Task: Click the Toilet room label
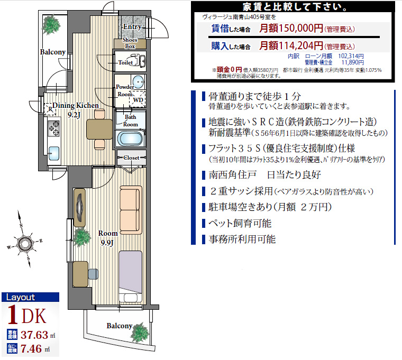pyautogui.click(x=125, y=62)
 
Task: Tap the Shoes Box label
pyautogui.click(x=130, y=43)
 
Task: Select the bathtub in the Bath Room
pyautogui.click(x=130, y=139)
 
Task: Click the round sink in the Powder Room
pyautogui.click(x=139, y=82)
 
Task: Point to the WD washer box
pyautogui.click(x=138, y=99)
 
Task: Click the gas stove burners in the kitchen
pyautogui.click(x=54, y=128)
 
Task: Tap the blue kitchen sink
pyautogui.click(x=53, y=153)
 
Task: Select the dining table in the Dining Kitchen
pyautogui.click(x=99, y=129)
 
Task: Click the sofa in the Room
pyautogui.click(x=131, y=210)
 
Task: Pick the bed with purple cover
pyautogui.click(x=130, y=276)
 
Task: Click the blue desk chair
pyautogui.click(x=93, y=274)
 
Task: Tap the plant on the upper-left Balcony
pyautogui.click(x=51, y=25)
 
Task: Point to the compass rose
pyautogui.click(x=25, y=243)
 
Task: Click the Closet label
pyautogui.click(x=131, y=158)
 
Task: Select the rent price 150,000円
pyautogui.click(x=291, y=28)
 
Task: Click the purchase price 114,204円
pyautogui.click(x=291, y=45)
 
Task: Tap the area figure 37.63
pyautogui.click(x=34, y=335)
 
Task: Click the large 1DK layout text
pyautogui.click(x=27, y=316)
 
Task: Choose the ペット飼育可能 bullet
pyautogui.click(x=240, y=224)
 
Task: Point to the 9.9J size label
pyautogui.click(x=107, y=243)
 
